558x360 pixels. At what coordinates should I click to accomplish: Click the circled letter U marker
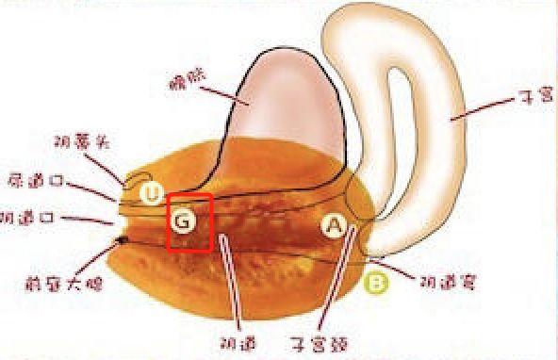click(x=152, y=194)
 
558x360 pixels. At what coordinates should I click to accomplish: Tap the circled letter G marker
click(x=184, y=221)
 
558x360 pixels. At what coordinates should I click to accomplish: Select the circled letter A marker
click(x=334, y=225)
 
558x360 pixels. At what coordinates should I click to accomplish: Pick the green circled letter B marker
click(x=376, y=282)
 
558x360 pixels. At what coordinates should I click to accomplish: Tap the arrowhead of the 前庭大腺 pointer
click(x=122, y=241)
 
